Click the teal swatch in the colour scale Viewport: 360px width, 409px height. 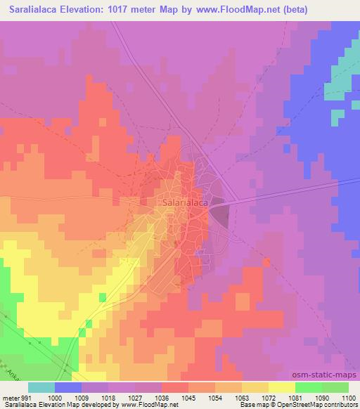(x=41, y=387)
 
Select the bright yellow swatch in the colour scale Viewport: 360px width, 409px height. (x=281, y=387)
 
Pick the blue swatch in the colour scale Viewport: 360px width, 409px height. (x=68, y=387)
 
